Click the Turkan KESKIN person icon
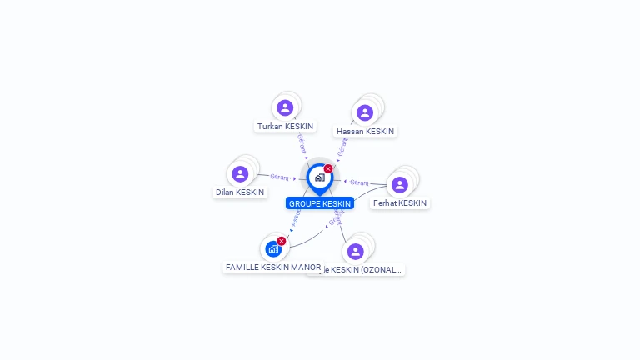point(285,107)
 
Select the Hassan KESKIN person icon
point(364,112)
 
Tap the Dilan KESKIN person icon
point(240,173)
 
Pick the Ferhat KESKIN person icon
point(399,184)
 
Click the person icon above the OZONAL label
point(356,251)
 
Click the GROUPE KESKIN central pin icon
point(319,177)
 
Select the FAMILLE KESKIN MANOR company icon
point(272,248)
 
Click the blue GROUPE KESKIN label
point(320,203)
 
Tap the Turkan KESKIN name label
point(286,127)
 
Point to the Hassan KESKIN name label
point(365,132)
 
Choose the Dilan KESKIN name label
point(240,192)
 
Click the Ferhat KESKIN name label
point(400,203)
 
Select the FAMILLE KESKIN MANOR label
point(273,267)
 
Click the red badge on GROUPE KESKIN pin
point(328,168)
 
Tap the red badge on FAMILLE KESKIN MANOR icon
point(282,241)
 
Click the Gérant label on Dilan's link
point(280,177)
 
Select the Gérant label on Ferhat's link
point(359,182)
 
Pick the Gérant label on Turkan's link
point(301,143)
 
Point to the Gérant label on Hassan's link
point(342,147)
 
